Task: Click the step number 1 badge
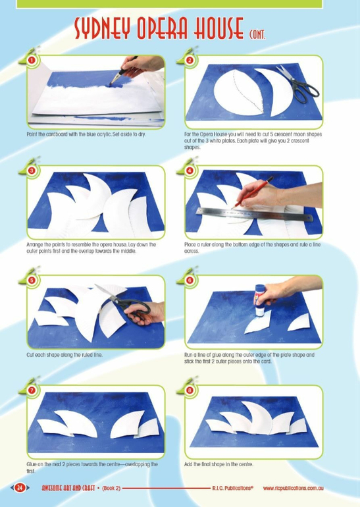[32, 60]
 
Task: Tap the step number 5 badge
[32, 280]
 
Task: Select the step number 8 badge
[190, 390]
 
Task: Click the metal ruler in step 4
[254, 215]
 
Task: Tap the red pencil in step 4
[252, 192]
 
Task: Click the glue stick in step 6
[260, 300]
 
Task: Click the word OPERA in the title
[163, 28]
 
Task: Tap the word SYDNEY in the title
[103, 28]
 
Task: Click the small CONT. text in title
[257, 34]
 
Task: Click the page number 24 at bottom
[20, 487]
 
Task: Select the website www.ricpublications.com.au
[293, 489]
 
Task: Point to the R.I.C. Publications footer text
[233, 488]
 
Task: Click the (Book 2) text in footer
[111, 489]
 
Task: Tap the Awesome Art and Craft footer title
[68, 488]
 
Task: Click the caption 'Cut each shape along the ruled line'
[64, 355]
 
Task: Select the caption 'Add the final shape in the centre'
[219, 464]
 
